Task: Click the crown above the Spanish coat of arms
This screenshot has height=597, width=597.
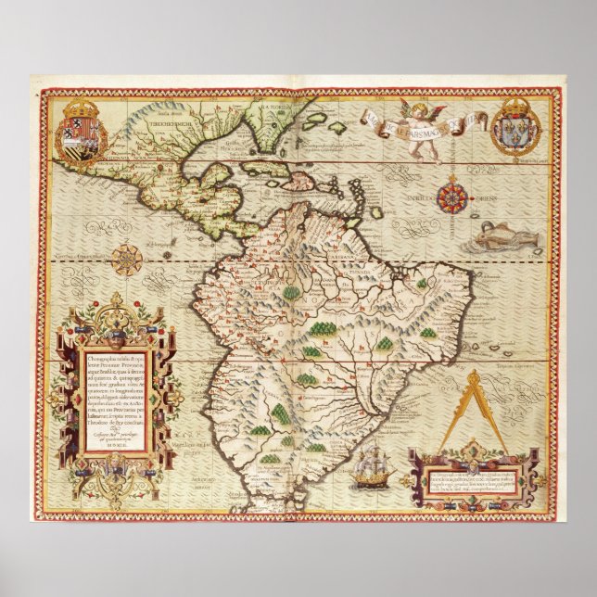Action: point(83,104)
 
